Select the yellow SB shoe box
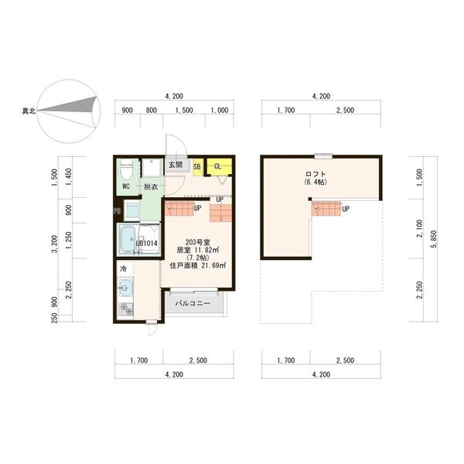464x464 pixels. [x=197, y=165]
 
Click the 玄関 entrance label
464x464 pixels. [x=176, y=165]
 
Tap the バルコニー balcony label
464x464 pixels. [x=192, y=304]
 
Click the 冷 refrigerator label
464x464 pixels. [x=122, y=268]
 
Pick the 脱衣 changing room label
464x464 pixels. [x=150, y=187]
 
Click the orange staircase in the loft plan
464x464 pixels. [x=326, y=207]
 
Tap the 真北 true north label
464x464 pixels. [x=27, y=113]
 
